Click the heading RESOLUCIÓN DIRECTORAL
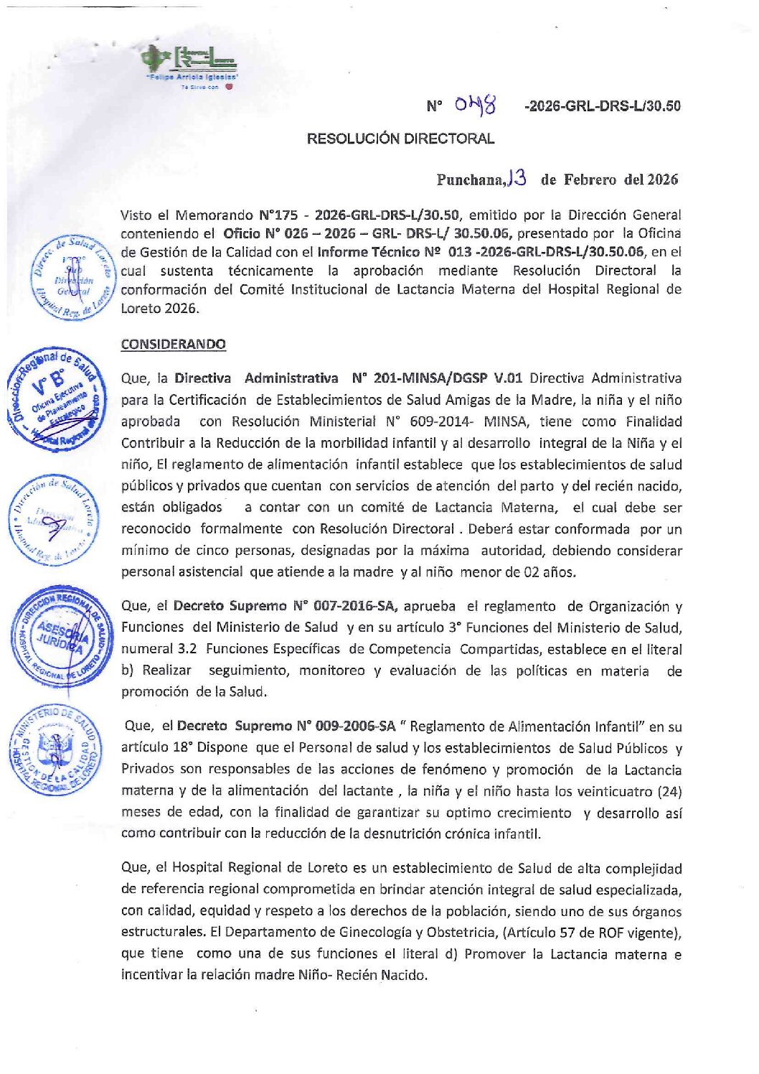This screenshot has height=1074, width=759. pyautogui.click(x=400, y=139)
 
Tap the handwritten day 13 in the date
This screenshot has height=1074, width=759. pyautogui.click(x=517, y=178)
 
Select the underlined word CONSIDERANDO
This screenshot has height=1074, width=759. pyautogui.click(x=173, y=344)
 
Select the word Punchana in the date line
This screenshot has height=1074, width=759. pyautogui.click(x=470, y=179)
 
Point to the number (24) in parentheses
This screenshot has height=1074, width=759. pyautogui.click(x=669, y=791)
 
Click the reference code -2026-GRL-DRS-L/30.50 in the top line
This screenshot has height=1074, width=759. pyautogui.click(x=603, y=106)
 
